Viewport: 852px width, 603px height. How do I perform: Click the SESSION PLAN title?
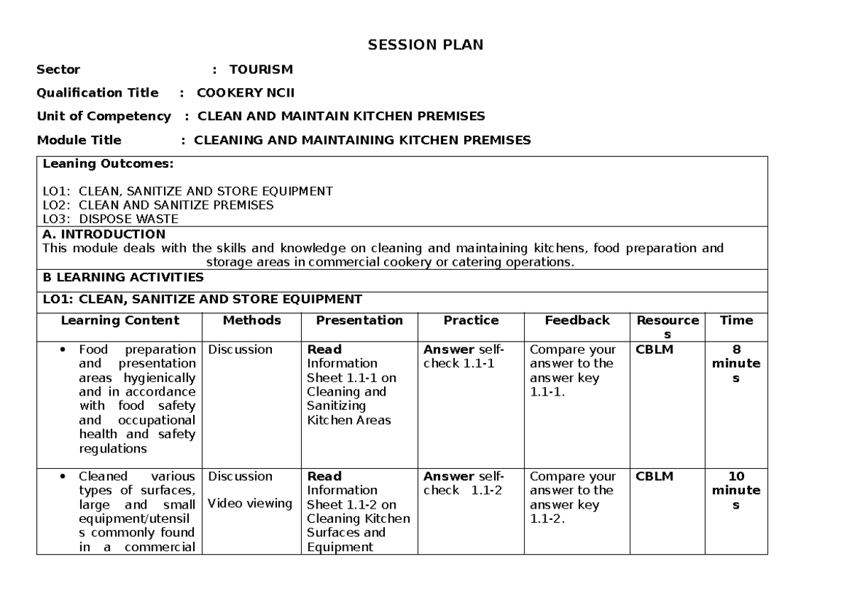tap(425, 45)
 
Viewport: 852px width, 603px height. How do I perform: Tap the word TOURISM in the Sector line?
tap(261, 70)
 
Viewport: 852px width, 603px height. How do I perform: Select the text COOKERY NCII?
tap(245, 93)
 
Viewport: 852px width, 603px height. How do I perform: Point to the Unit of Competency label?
tap(104, 116)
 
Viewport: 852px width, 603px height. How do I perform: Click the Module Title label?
tap(79, 140)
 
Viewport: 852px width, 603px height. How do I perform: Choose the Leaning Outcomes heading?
tap(107, 164)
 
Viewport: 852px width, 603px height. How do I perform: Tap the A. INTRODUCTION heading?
tap(104, 234)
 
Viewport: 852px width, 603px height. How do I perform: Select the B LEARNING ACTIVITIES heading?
tap(123, 277)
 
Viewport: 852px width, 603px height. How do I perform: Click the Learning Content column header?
tap(120, 320)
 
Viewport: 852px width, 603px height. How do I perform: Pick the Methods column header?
tap(251, 320)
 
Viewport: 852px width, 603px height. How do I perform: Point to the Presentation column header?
tap(359, 320)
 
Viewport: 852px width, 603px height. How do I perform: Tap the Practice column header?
tap(471, 320)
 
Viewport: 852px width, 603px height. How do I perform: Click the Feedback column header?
tap(577, 320)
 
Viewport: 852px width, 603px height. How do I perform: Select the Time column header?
tap(736, 320)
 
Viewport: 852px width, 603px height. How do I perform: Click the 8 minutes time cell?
tap(736, 364)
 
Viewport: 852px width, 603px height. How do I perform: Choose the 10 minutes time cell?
tap(736, 490)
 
